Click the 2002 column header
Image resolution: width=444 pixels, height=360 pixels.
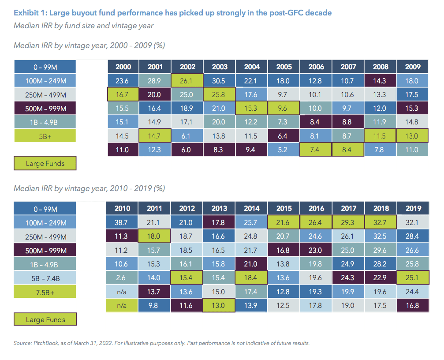pos(187,67)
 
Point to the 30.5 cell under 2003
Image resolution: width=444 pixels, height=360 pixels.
pos(220,81)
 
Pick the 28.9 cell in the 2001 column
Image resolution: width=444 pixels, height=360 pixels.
pos(155,81)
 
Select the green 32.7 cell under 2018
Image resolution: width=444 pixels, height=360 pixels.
pos(380,222)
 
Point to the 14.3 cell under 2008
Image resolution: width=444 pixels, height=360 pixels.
pos(380,81)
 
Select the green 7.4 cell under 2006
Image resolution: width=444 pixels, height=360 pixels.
pos(316,149)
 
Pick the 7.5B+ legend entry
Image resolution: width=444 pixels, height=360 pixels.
pos(45,291)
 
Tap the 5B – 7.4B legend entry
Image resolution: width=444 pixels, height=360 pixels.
pos(45,277)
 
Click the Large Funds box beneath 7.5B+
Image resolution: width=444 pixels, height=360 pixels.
pos(45,319)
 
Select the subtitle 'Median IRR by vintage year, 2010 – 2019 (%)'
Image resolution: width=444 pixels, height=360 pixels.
pos(89,188)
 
